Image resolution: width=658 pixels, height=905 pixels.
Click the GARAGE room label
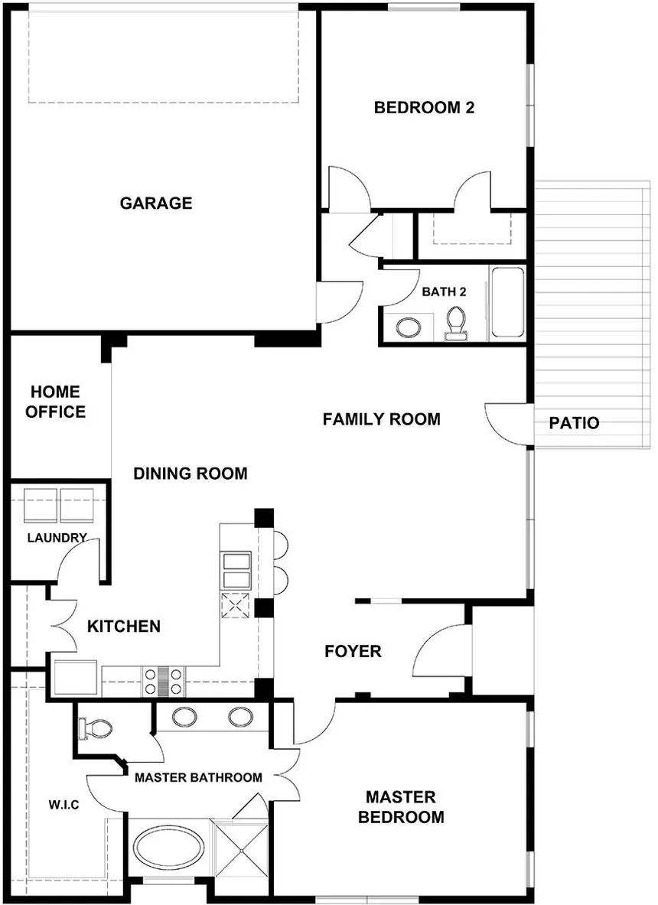155,203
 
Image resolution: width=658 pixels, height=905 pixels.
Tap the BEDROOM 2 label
424,108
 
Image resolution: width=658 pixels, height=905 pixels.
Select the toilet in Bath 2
456,322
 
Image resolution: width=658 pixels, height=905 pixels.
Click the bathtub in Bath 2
507,303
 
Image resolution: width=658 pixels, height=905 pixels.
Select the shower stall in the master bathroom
239,854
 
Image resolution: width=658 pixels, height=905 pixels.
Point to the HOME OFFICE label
55,402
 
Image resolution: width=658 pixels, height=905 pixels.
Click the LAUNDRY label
57,538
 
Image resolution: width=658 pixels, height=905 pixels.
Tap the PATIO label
574,423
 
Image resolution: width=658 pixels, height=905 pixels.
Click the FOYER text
353,652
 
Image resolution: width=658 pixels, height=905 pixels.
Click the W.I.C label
64,806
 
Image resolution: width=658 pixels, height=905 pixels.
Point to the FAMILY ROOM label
381,419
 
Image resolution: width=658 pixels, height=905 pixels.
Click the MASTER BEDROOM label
401,807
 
